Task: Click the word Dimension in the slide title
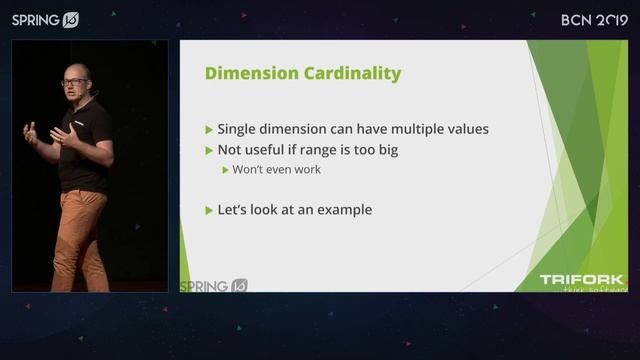[x=245, y=73]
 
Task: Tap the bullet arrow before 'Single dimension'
[x=208, y=130]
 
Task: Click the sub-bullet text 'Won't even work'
[x=278, y=170]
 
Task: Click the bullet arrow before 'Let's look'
[x=208, y=210]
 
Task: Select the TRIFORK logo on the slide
[x=581, y=281]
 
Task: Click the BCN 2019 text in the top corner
[x=593, y=19]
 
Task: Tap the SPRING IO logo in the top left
[x=45, y=20]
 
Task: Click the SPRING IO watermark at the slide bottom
[x=213, y=286]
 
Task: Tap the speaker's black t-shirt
[x=85, y=150]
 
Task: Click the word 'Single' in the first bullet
[x=240, y=130]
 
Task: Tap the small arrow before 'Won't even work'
[x=226, y=170]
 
